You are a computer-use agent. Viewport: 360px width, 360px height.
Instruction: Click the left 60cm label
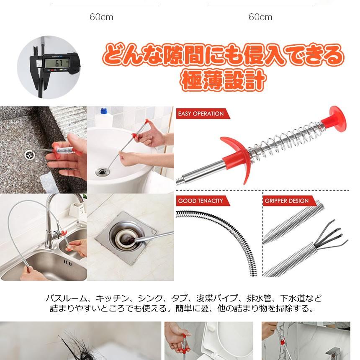pyautogui.click(x=101, y=17)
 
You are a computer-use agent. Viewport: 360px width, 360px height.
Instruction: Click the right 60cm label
pyautogui.click(x=260, y=17)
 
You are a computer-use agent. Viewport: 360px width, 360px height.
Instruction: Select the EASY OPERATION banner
pyautogui.click(x=203, y=113)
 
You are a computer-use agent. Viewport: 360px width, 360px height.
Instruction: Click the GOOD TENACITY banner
pyautogui.click(x=203, y=201)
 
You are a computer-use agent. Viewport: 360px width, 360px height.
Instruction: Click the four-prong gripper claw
pyautogui.click(x=331, y=237)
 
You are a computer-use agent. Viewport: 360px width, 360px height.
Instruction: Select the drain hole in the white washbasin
pyautogui.click(x=102, y=172)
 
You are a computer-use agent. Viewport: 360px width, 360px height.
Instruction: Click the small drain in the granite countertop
pyautogui.click(x=30, y=155)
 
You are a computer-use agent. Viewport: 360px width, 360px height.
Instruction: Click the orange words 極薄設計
pyautogui.click(x=223, y=80)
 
